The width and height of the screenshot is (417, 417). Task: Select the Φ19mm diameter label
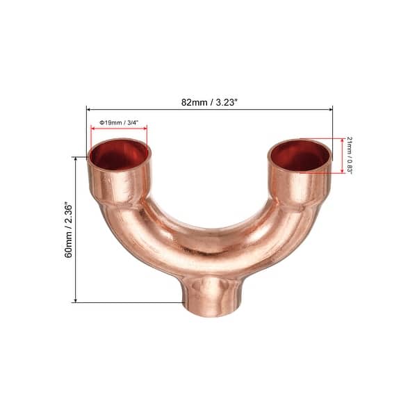tap(110, 123)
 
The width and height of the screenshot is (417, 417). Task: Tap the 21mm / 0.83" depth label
tap(350, 154)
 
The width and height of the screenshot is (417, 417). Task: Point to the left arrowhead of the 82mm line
tap(89, 108)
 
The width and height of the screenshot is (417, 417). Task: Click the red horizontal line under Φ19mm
tap(119, 129)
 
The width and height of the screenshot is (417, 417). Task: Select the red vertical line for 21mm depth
tap(341, 155)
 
